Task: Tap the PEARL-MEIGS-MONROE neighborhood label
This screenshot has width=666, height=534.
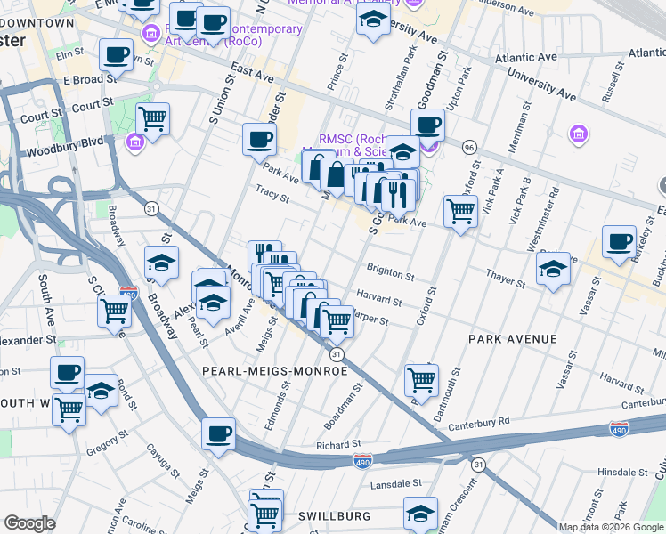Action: point(274,370)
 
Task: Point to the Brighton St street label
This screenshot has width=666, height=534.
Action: point(390,270)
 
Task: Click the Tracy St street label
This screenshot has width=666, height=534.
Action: point(272,195)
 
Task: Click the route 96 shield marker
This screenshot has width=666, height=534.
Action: point(468,146)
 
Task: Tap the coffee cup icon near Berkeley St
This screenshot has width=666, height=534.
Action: point(618,241)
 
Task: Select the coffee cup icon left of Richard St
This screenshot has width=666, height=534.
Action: point(219,434)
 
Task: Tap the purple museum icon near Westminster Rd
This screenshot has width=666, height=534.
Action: point(578,134)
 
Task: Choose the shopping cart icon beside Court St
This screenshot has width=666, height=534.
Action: point(153,117)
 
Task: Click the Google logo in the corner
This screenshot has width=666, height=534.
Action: point(29,523)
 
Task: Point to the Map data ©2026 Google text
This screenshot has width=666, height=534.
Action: point(611,527)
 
